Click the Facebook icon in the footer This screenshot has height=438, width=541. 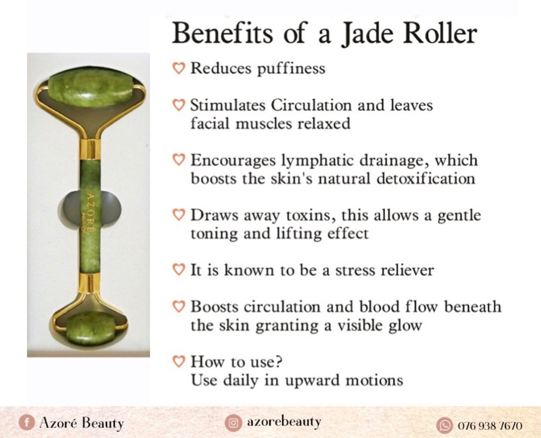click(27, 423)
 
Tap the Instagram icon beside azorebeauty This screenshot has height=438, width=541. click(233, 423)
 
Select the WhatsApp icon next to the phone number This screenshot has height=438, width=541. click(444, 426)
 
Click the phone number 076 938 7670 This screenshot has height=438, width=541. click(490, 426)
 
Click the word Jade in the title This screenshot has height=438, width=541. click(367, 34)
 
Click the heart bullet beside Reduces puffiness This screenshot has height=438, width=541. click(179, 68)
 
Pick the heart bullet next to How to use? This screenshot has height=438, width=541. click(179, 361)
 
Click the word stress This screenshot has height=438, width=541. click(355, 270)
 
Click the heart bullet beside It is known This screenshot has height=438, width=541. click(179, 270)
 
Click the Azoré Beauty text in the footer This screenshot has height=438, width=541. click(81, 423)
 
